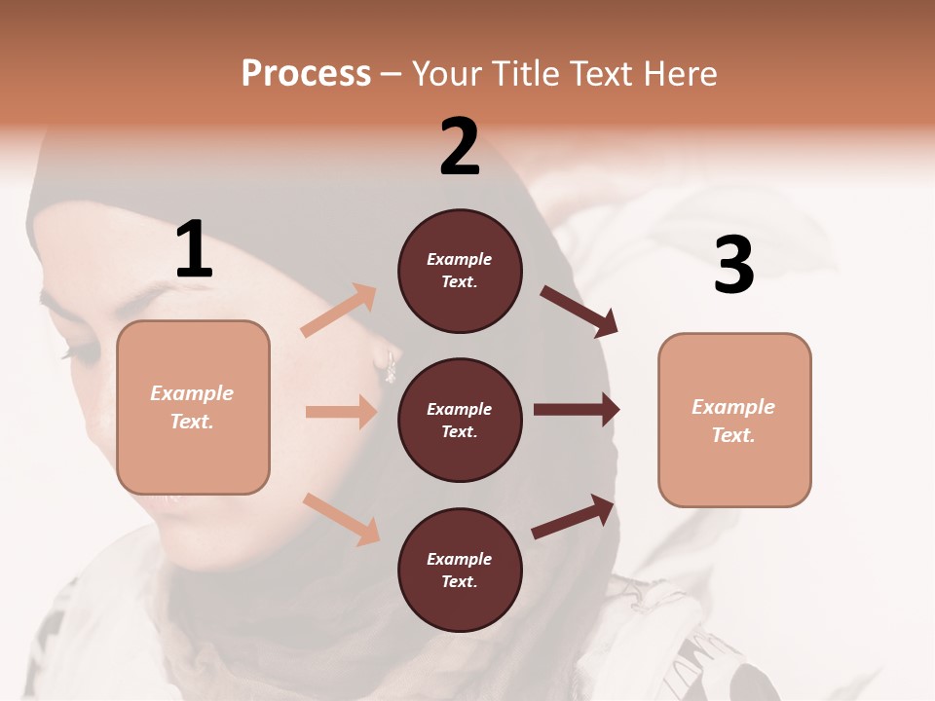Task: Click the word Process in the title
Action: tap(306, 74)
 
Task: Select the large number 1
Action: tap(194, 250)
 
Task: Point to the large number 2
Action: tap(460, 147)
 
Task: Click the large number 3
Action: tap(733, 266)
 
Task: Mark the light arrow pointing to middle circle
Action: tap(340, 412)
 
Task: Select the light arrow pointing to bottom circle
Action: tap(341, 519)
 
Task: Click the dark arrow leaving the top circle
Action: tap(579, 311)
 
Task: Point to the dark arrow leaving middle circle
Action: tap(576, 410)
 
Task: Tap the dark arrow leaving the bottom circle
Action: tap(573, 517)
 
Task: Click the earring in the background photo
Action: tap(392, 367)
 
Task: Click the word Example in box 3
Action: tap(733, 407)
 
